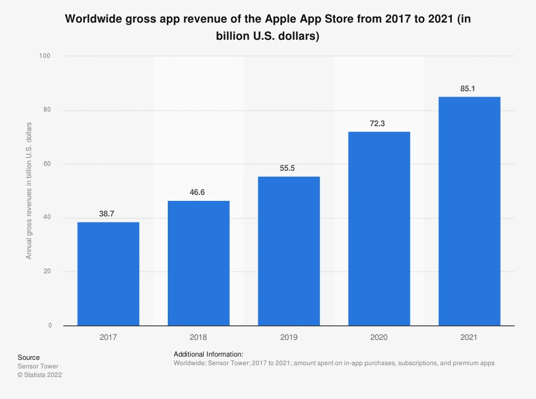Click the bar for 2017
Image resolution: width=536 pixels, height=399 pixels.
click(108, 274)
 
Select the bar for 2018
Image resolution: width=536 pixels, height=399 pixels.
click(198, 263)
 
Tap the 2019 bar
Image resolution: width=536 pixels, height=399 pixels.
click(289, 251)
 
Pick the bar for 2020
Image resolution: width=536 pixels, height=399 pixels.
click(379, 228)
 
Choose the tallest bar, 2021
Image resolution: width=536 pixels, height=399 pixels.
click(469, 211)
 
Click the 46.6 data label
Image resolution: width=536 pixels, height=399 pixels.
click(197, 192)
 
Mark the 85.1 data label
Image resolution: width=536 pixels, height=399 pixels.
click(468, 89)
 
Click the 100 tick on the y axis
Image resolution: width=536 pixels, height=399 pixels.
click(46, 56)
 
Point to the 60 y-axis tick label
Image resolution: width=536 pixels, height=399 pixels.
click(48, 164)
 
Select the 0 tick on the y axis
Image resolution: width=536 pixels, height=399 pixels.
click(50, 325)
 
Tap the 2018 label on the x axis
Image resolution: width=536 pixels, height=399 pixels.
click(198, 338)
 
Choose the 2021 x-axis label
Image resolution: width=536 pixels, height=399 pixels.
click(469, 338)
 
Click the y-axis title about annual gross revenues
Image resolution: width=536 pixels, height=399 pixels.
click(29, 191)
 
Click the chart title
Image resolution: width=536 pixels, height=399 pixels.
click(268, 27)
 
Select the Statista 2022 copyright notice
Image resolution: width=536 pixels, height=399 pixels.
click(40, 375)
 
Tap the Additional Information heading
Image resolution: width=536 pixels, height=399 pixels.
click(209, 354)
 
